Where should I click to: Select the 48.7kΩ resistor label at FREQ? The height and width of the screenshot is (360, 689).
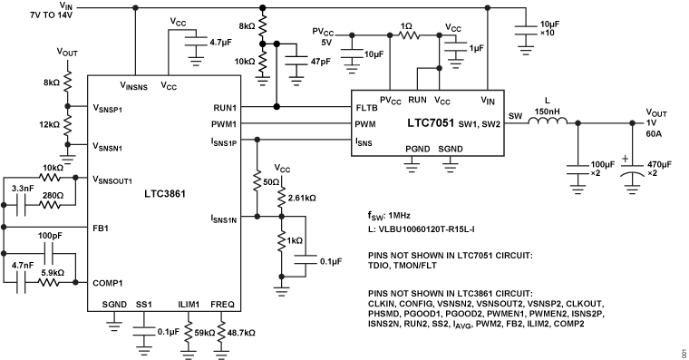tap(242, 333)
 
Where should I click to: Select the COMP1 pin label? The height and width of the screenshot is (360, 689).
tap(110, 281)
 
